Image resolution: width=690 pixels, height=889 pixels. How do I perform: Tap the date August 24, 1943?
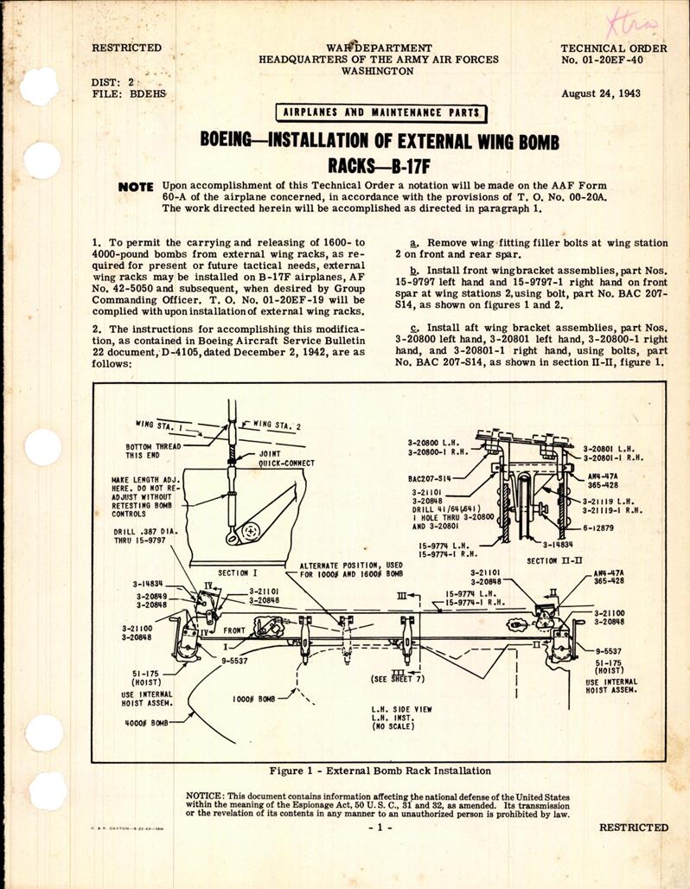tap(600, 93)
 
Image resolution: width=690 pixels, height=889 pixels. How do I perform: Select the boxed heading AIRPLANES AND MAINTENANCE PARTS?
tap(380, 113)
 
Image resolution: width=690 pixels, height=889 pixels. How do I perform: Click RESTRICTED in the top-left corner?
tap(126, 48)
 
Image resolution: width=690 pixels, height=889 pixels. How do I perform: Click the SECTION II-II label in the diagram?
tap(555, 561)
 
